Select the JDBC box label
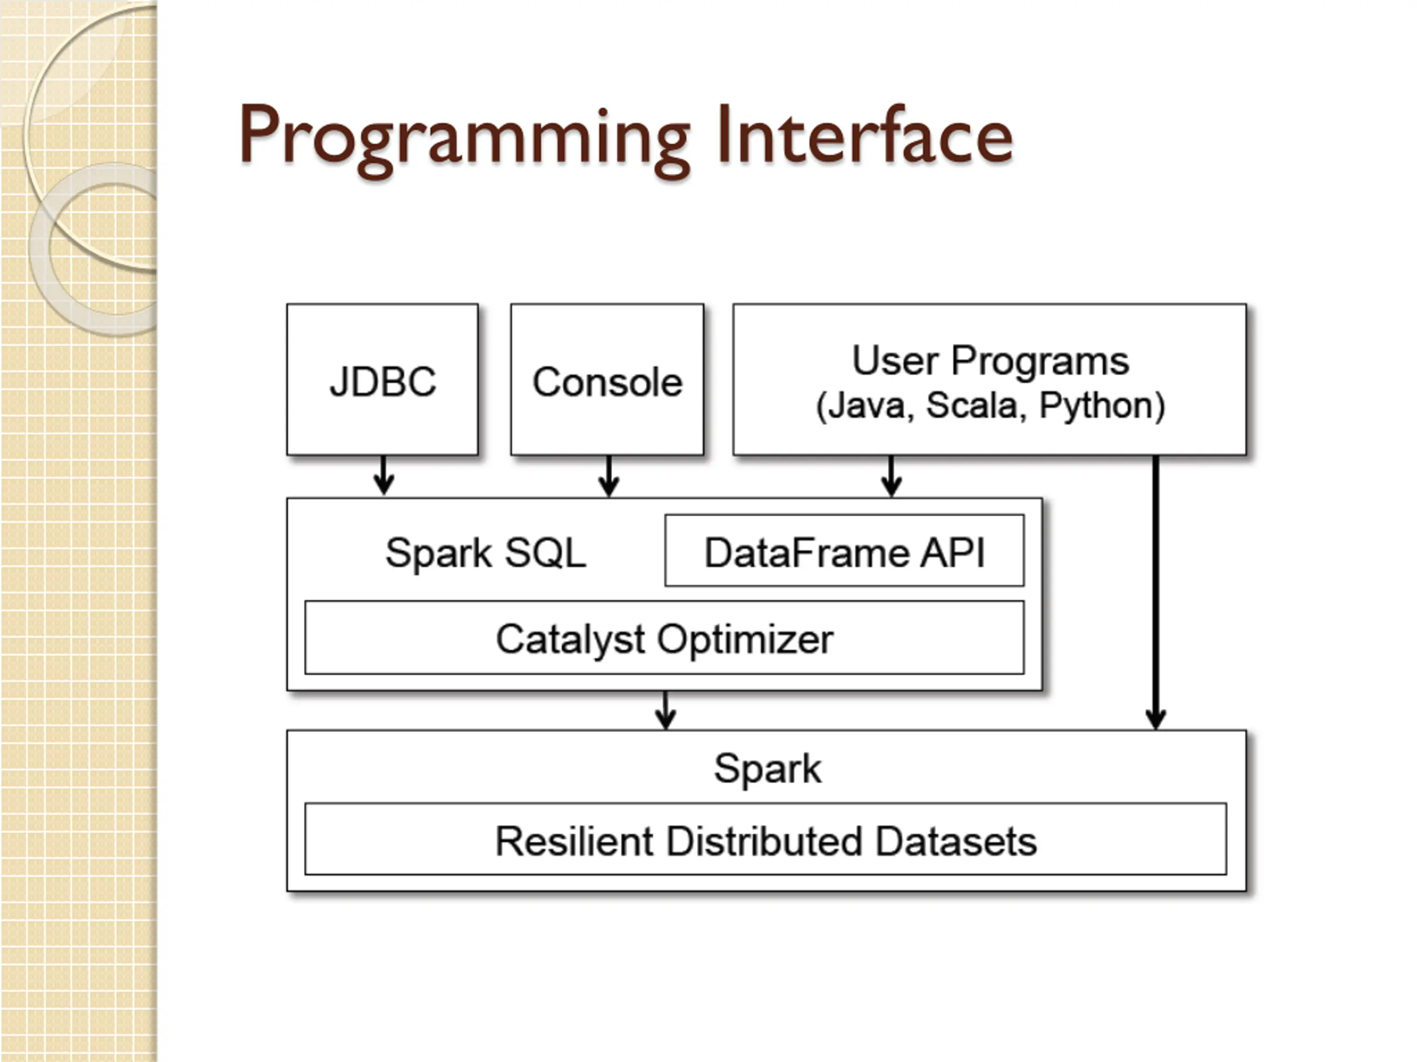382,382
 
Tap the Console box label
607,382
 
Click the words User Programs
990,362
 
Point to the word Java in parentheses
865,406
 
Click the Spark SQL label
485,553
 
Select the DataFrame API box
844,550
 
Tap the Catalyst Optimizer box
664,638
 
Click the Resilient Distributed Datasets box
766,839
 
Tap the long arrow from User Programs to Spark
1156,593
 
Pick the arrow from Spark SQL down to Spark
665,710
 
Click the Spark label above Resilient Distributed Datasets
767,769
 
